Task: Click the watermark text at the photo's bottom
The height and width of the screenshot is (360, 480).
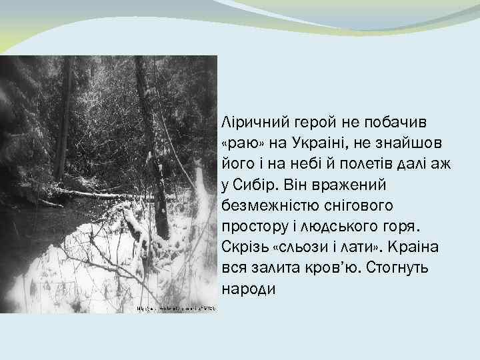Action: point(176,309)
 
